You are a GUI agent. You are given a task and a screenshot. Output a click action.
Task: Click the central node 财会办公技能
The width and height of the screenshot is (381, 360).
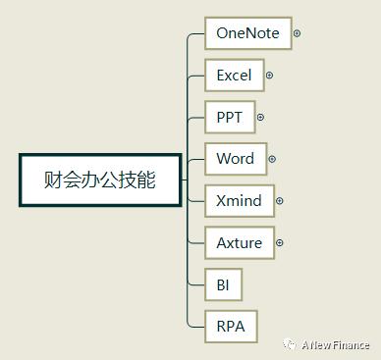click(x=99, y=180)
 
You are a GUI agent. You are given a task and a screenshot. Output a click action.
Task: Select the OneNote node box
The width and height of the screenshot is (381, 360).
click(x=247, y=33)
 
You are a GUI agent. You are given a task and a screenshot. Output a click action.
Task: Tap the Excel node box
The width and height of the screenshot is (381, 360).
click(x=234, y=76)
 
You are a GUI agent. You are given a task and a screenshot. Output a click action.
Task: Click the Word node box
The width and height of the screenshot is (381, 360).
click(x=235, y=159)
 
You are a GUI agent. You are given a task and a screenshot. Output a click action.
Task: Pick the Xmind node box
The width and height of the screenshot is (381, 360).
click(x=239, y=201)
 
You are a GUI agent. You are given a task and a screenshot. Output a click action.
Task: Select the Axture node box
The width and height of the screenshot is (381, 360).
click(x=239, y=242)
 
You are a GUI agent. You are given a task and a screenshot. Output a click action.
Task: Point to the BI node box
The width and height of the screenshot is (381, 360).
click(x=223, y=284)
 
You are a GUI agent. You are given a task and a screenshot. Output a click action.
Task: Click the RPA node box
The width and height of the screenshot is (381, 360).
click(x=231, y=326)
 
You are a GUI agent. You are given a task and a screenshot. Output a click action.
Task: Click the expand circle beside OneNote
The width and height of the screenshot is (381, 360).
click(x=297, y=33)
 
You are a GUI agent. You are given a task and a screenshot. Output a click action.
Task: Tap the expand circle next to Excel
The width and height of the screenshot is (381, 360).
click(x=269, y=76)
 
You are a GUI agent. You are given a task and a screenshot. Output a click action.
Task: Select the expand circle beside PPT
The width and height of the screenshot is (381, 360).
click(x=260, y=117)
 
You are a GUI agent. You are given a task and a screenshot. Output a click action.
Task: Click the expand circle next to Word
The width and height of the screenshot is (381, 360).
click(x=272, y=159)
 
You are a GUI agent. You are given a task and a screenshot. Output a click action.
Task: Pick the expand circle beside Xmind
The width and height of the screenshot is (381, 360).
click(x=280, y=201)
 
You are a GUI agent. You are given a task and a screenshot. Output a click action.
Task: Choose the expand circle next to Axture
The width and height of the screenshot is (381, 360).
click(x=280, y=242)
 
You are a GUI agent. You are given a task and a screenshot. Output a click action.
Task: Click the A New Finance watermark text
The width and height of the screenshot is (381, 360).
click(x=336, y=344)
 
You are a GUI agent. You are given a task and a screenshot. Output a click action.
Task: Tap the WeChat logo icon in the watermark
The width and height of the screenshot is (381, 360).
click(x=291, y=344)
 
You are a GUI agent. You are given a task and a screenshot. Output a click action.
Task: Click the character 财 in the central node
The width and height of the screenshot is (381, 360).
click(x=54, y=180)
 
